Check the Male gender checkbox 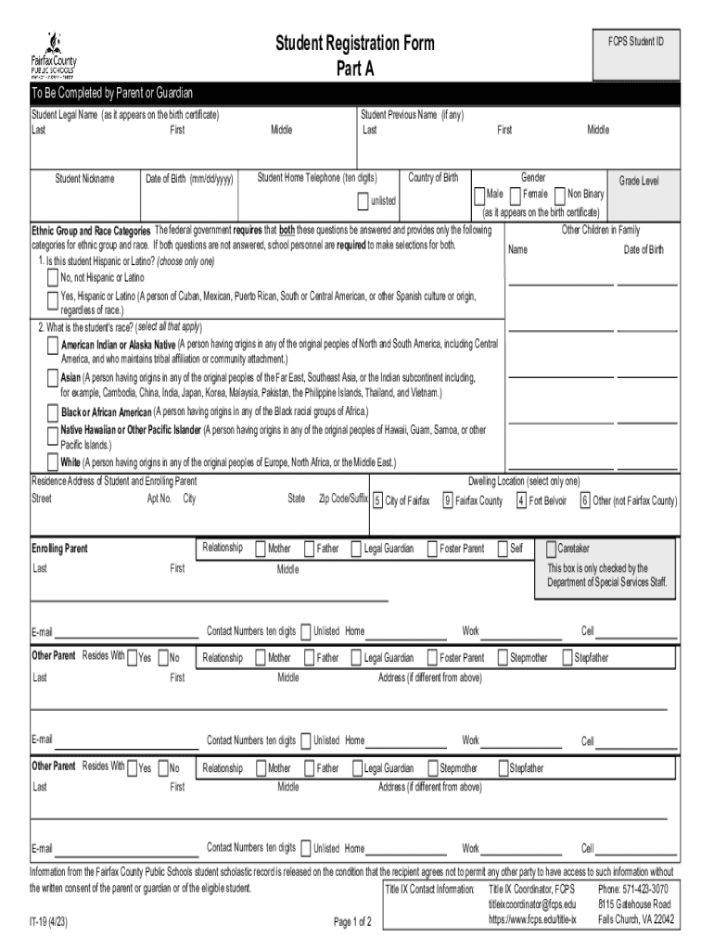coord(480,195)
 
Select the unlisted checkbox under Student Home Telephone coord(363,201)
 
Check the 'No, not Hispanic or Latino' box coord(53,278)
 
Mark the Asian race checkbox coord(53,378)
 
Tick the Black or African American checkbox coord(53,411)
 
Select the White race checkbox coord(53,462)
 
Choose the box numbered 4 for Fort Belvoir coord(521,501)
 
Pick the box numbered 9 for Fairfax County coord(447,501)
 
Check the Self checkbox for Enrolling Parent coord(503,549)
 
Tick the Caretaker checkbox coord(551,549)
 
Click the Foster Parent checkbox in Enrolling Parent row coord(432,549)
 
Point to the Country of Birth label coord(433,178)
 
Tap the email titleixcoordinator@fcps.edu coord(532,904)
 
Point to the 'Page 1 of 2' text coord(352,921)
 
